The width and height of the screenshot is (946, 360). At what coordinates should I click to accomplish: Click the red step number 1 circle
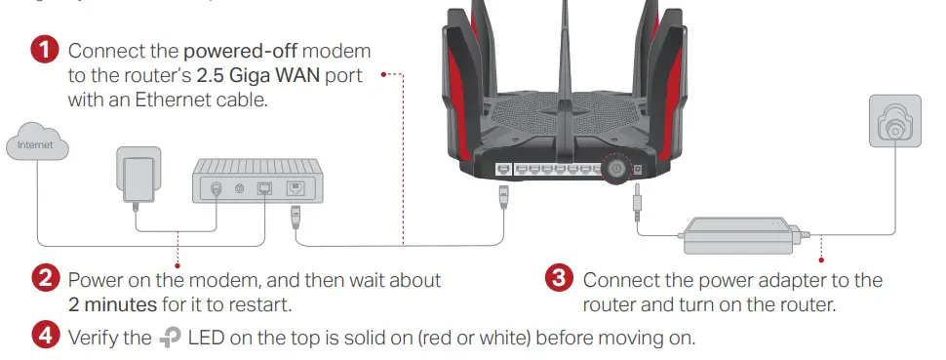click(46, 50)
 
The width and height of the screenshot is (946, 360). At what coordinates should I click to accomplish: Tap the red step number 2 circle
click(46, 280)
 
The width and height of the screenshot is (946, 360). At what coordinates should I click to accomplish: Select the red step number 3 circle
click(557, 280)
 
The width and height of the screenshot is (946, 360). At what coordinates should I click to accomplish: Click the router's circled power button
click(615, 170)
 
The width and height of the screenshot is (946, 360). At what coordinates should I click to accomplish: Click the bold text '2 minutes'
click(112, 304)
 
